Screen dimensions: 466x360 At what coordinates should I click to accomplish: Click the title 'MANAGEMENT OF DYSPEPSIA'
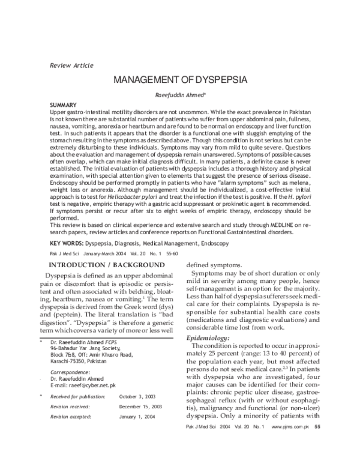coord(180,80)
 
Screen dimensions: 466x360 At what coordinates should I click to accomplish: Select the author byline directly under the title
coord(180,95)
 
